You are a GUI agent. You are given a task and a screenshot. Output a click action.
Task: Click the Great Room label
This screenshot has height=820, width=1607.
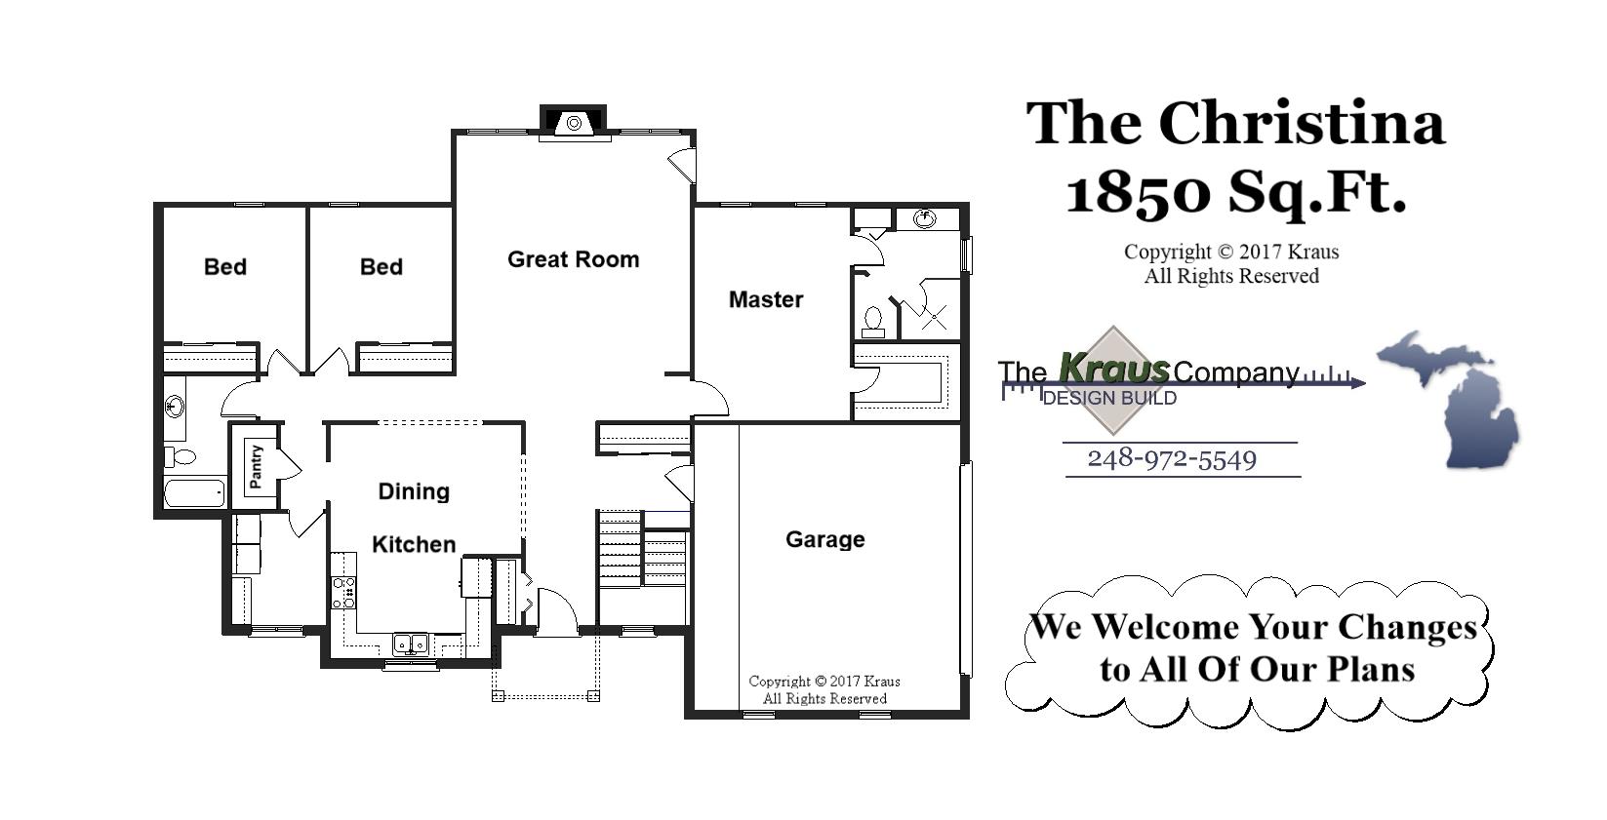[573, 259]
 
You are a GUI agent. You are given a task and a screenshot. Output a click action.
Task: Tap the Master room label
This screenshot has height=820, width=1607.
[765, 299]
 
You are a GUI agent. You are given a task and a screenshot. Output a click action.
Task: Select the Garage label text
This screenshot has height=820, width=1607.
[824, 539]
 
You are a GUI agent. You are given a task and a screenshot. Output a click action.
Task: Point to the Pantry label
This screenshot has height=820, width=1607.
[256, 466]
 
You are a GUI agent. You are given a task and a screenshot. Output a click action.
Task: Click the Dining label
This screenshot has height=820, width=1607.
[414, 491]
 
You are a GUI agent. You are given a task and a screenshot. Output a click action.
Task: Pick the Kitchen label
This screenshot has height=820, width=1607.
[414, 544]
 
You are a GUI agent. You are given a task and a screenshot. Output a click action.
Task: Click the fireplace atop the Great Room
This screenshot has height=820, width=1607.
[574, 123]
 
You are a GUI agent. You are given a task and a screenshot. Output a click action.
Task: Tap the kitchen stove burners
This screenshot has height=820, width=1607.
[343, 593]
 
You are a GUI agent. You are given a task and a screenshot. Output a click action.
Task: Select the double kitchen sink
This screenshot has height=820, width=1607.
[410, 643]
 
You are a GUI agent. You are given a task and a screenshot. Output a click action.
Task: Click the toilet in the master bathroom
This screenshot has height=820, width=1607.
[873, 320]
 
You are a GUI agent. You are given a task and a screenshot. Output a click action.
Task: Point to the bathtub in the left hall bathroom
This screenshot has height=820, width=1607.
[194, 492]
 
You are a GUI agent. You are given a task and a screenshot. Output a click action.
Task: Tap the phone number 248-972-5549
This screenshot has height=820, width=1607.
[1172, 459]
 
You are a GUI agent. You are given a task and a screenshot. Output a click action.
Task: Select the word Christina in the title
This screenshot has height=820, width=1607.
[1301, 124]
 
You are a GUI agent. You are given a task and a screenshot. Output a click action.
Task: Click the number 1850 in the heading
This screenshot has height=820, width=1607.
[1138, 192]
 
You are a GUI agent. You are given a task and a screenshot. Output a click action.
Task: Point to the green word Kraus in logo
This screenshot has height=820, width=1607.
[1113, 369]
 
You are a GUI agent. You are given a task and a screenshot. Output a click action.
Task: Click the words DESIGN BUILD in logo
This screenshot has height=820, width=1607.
[1109, 398]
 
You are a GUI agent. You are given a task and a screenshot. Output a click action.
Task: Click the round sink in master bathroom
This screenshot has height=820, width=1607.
[923, 218]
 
